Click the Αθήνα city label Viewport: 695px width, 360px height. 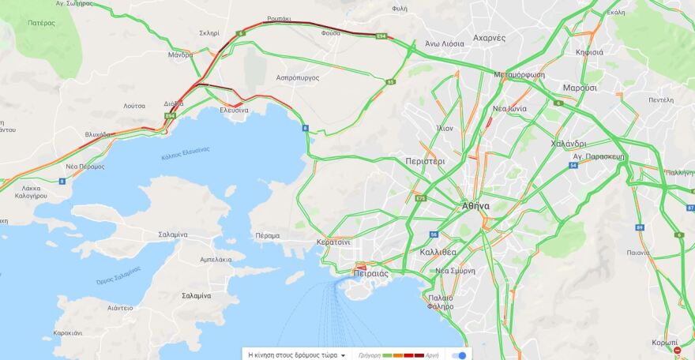[475, 206]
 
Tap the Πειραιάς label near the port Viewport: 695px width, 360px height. [370, 273]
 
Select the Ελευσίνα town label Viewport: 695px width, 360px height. [234, 111]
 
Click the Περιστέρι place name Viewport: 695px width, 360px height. [425, 160]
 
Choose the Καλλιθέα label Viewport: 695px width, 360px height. [438, 252]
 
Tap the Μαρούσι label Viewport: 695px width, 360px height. [580, 88]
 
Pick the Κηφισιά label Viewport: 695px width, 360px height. [590, 52]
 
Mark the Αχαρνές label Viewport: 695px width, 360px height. [489, 37]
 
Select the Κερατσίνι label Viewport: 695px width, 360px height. [333, 242]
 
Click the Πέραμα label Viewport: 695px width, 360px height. [268, 235]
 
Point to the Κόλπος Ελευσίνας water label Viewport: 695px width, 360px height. [185, 150]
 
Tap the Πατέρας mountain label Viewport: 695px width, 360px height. [41, 23]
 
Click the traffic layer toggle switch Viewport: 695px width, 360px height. [458, 355]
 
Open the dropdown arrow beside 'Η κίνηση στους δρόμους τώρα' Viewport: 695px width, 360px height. [344, 355]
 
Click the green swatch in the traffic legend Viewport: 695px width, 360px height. [387, 355]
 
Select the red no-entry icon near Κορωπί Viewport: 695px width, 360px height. [677, 349]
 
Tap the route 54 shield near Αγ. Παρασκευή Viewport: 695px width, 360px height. [573, 165]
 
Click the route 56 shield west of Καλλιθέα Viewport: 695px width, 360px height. [434, 234]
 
